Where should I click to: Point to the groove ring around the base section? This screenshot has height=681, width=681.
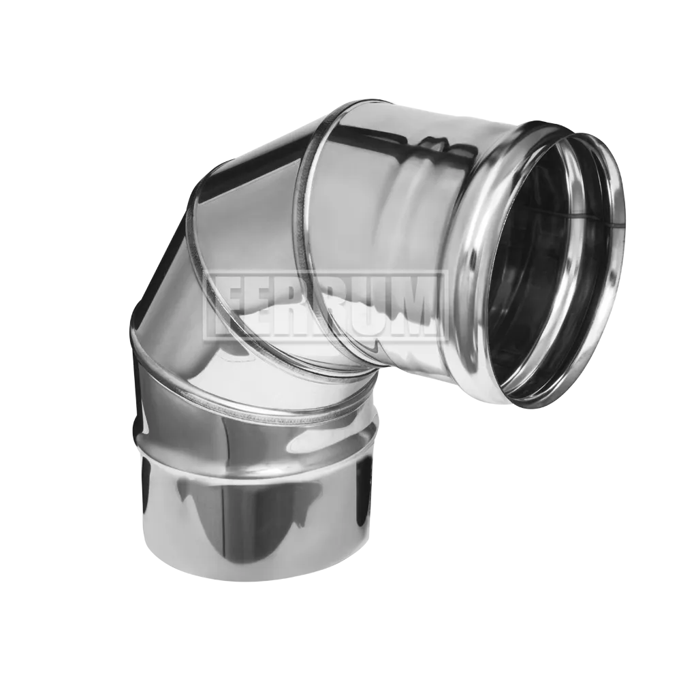(x=256, y=447)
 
